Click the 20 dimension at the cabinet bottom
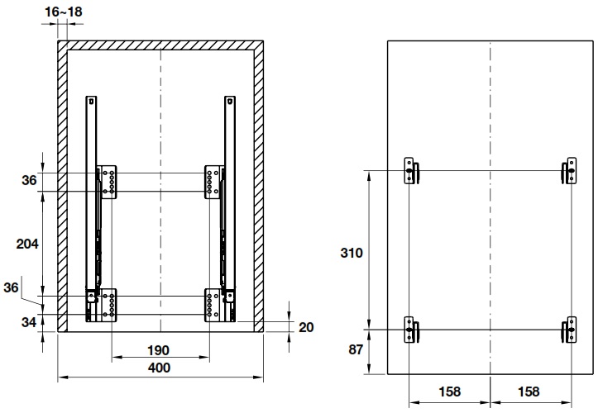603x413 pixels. click(305, 327)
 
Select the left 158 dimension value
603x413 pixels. click(448, 391)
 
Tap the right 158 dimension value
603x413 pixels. click(530, 391)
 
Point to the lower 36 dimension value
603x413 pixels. click(29, 287)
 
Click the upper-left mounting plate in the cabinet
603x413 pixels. click(109, 182)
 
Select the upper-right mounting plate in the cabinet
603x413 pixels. click(213, 182)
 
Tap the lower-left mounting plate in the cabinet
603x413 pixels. click(109, 305)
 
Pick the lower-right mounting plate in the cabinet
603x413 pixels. click(213, 305)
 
